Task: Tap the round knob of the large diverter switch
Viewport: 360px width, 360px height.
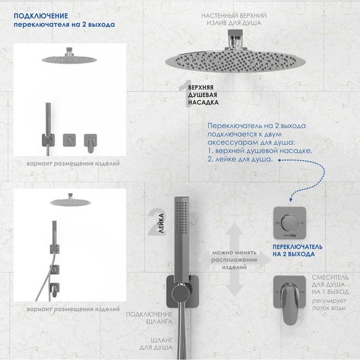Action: pyautogui.click(x=290, y=224)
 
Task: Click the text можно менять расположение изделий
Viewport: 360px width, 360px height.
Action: pyautogui.click(x=229, y=260)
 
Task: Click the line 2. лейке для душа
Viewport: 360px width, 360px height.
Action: pyautogui.click(x=239, y=161)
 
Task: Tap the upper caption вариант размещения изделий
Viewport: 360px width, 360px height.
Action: pyautogui.click(x=72, y=163)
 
